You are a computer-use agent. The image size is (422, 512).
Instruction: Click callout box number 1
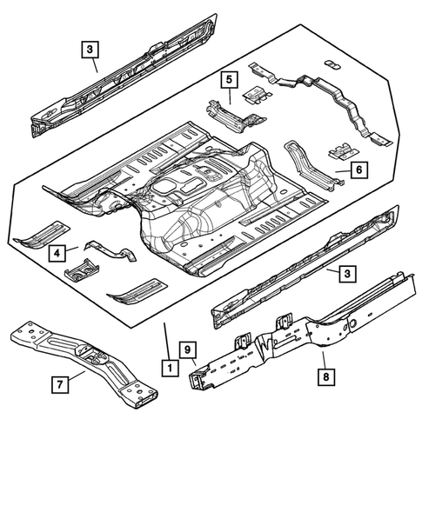166,368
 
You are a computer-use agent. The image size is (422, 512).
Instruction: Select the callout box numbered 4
57,253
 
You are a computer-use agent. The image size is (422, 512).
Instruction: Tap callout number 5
228,80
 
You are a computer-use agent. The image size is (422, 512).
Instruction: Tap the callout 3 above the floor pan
90,50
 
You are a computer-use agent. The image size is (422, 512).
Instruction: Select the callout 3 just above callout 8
346,274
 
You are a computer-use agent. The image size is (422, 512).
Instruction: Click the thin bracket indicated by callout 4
109,253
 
